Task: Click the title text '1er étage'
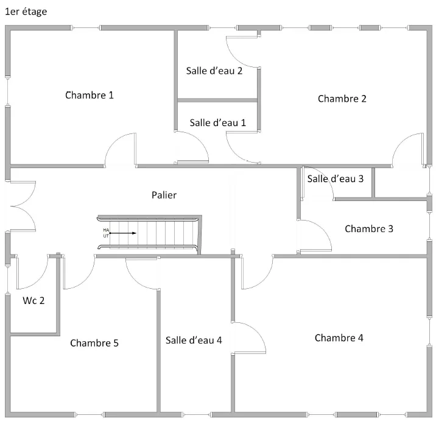pos(26,12)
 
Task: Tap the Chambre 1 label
pos(90,95)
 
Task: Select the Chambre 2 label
pos(342,99)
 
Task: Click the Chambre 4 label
pos(339,338)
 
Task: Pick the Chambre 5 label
pos(94,343)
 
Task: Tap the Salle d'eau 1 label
pos(217,122)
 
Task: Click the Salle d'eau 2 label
pos(214,71)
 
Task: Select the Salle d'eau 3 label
pos(335,178)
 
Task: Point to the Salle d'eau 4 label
pos(194,340)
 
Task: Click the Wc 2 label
pos(33,300)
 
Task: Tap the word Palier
pos(164,195)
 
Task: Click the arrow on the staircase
pos(124,233)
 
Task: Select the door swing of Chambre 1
pos(120,150)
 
